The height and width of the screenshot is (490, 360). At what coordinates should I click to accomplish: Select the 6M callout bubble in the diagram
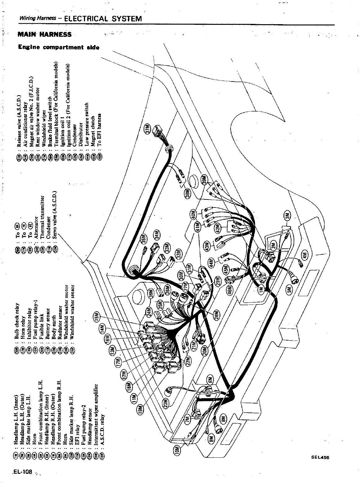point(210,381)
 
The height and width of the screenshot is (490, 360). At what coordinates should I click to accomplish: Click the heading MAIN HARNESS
point(44,34)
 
